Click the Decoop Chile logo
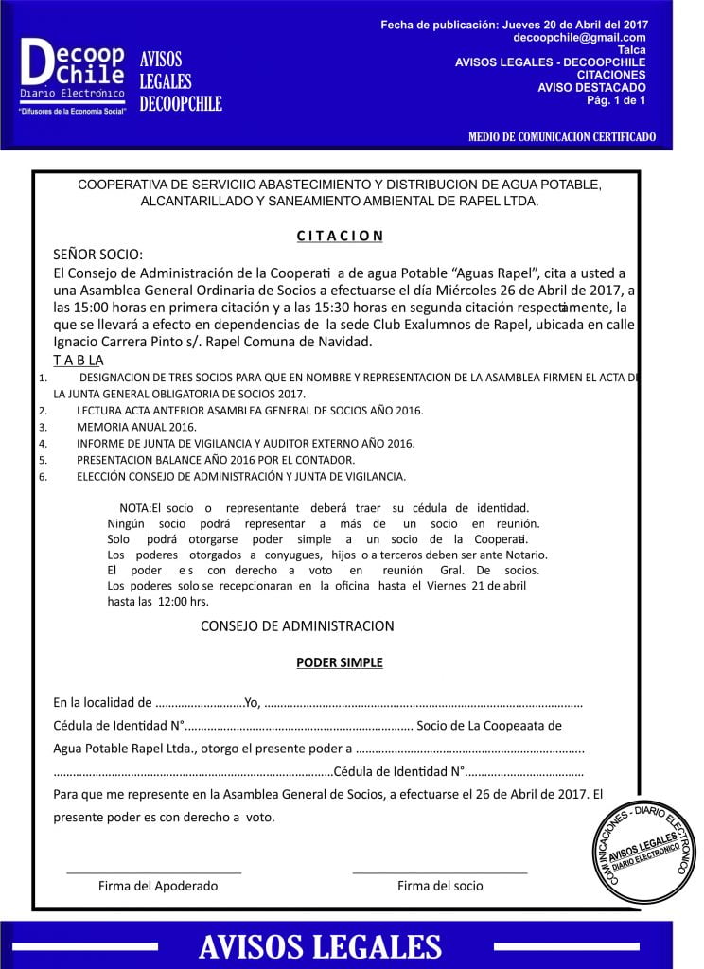(x=71, y=75)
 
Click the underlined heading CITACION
(x=339, y=236)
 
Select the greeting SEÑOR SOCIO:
(x=97, y=255)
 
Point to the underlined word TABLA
(x=79, y=361)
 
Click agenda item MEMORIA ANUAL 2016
(x=136, y=426)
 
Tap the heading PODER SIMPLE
(x=340, y=662)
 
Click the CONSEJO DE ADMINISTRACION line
(x=297, y=625)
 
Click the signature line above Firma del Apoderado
(x=153, y=871)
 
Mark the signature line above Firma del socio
(x=439, y=871)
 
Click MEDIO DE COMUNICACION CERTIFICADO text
(x=561, y=137)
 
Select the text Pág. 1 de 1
(x=616, y=99)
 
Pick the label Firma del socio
(x=440, y=886)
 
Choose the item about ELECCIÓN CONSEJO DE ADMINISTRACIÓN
(x=240, y=476)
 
